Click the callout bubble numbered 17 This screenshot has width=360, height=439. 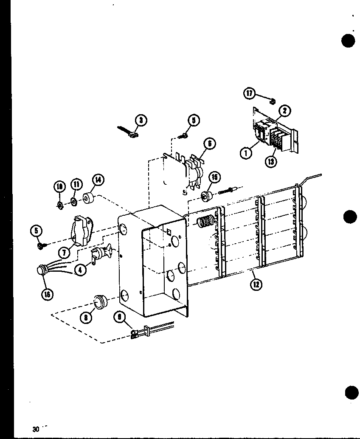[250, 93]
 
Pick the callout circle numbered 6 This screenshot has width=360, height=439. [209, 144]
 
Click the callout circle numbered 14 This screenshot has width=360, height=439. [98, 180]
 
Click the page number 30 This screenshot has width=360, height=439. [36, 428]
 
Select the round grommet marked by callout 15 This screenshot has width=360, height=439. [207, 196]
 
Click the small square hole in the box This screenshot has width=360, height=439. [168, 232]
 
